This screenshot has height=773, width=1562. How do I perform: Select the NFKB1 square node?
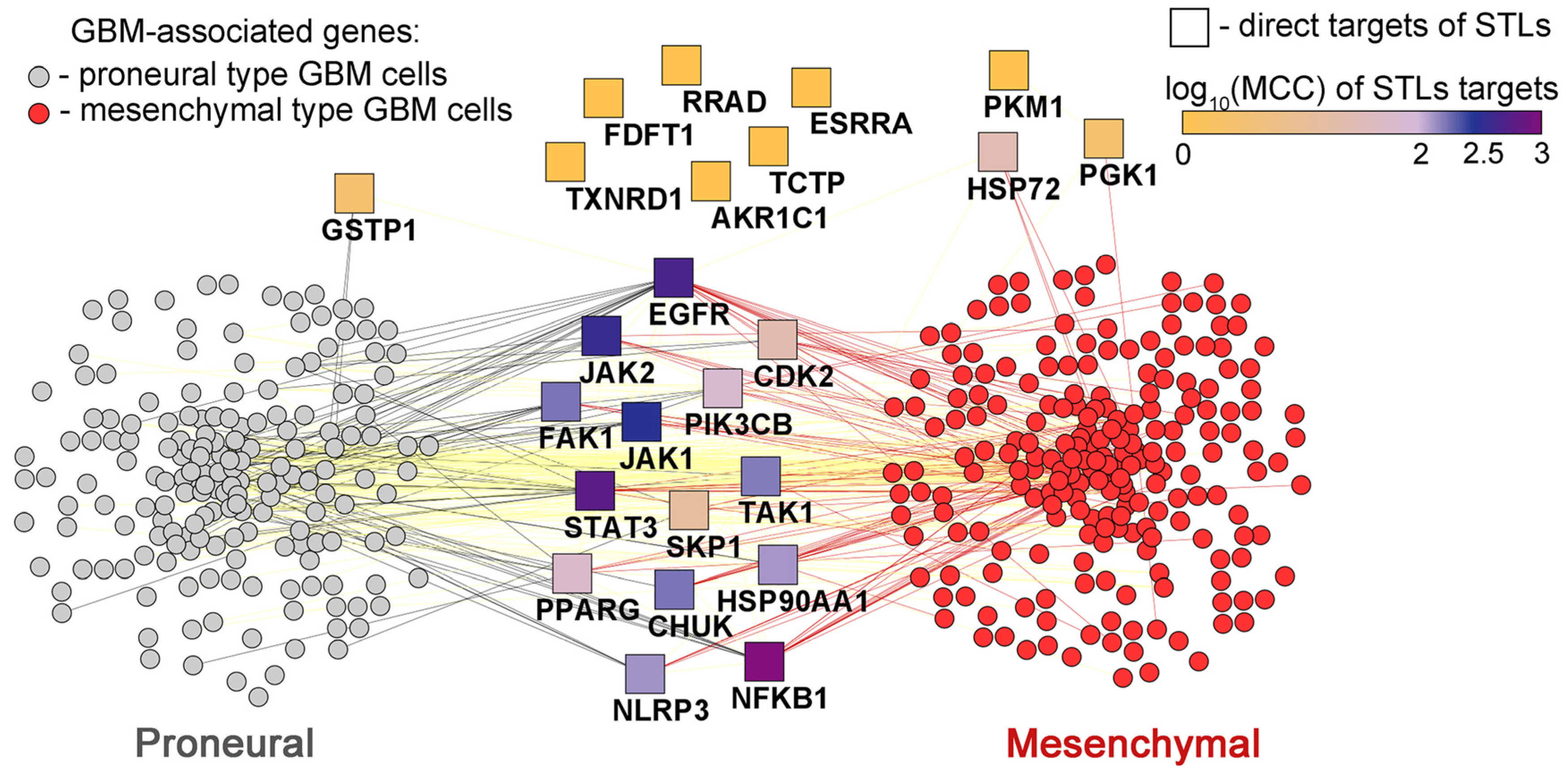[x=764, y=662]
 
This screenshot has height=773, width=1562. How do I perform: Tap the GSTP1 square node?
[x=354, y=193]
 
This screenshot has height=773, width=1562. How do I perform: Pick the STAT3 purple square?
[x=595, y=490]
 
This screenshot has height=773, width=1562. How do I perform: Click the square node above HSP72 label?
[x=998, y=152]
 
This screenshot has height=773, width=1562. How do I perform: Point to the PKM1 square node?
[x=1008, y=70]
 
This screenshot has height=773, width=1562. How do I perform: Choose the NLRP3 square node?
[x=644, y=674]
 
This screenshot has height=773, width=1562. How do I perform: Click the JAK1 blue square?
[x=641, y=421]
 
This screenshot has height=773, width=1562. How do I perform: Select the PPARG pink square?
[x=572, y=573]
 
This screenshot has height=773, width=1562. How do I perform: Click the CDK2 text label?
[x=793, y=377]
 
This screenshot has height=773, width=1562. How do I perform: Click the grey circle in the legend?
[x=39, y=77]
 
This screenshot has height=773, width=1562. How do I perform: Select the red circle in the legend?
[x=39, y=113]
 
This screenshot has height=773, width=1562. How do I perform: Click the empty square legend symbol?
[x=1188, y=27]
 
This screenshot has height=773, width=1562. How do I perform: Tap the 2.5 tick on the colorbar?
[x=1483, y=155]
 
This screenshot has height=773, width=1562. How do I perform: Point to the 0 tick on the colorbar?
[x=1183, y=155]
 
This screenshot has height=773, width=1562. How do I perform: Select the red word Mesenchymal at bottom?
[x=1133, y=743]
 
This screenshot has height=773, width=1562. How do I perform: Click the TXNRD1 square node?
[x=565, y=162]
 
